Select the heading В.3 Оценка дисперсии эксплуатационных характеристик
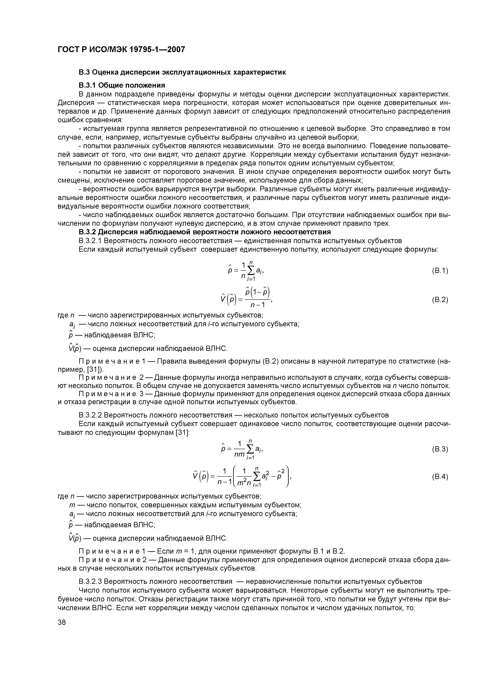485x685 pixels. (x=182, y=72)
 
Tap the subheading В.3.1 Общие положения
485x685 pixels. (x=122, y=85)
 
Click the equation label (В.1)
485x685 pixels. (x=440, y=271)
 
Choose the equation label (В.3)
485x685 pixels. (x=440, y=449)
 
